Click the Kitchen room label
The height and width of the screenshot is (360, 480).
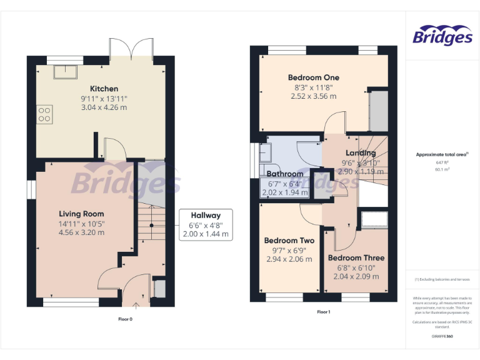click(104, 89)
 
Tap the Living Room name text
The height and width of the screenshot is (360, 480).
click(81, 214)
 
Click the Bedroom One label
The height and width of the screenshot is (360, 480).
click(314, 77)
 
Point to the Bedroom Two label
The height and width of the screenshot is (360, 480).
click(289, 241)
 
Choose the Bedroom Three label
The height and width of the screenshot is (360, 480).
click(356, 257)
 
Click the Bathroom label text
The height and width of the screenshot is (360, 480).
click(285, 174)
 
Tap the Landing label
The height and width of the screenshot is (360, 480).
click(361, 153)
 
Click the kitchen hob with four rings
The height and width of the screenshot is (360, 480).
click(45, 114)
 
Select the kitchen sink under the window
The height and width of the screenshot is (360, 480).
click(63, 72)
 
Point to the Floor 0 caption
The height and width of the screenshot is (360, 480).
click(126, 319)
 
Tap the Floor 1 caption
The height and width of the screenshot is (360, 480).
click(323, 311)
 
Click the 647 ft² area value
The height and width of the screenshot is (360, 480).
click(442, 162)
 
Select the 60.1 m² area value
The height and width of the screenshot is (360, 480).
click(442, 169)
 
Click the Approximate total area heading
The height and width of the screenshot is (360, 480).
click(442, 154)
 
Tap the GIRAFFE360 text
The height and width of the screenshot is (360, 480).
click(442, 336)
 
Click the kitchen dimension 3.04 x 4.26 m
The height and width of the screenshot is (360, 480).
click(104, 107)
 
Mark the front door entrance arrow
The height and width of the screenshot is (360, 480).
click(137, 305)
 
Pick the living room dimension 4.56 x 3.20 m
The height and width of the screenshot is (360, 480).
click(81, 232)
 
